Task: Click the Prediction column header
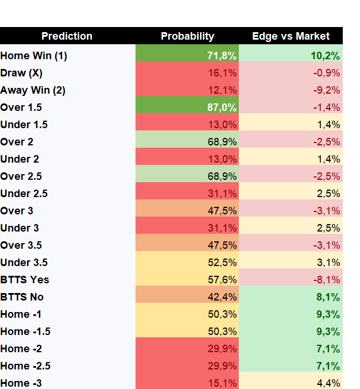pyautogui.click(x=67, y=36)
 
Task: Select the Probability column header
pyautogui.click(x=187, y=36)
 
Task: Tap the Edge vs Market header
pyautogui.click(x=291, y=36)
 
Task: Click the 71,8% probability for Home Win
pyautogui.click(x=222, y=56)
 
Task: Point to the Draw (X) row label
pyautogui.click(x=21, y=73)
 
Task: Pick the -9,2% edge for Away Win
pyautogui.click(x=327, y=90)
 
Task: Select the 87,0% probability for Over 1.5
pyautogui.click(x=222, y=107)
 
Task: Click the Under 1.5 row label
pyautogui.click(x=24, y=125)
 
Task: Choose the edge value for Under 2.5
pyautogui.click(x=328, y=194)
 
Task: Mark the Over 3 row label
pyautogui.click(x=17, y=211)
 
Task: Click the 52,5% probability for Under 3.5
pyautogui.click(x=222, y=263)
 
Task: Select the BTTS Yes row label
pyautogui.click(x=25, y=280)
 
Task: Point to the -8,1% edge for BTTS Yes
pyautogui.click(x=327, y=280)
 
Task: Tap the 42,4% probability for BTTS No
pyautogui.click(x=222, y=297)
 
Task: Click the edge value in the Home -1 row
pyautogui.click(x=328, y=314)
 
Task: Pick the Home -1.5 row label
pyautogui.click(x=25, y=332)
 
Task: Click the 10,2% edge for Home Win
pyautogui.click(x=326, y=56)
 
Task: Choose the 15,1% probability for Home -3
pyautogui.click(x=222, y=383)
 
